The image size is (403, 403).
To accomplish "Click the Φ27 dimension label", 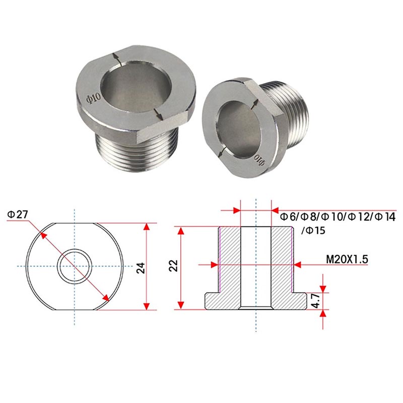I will [18, 215].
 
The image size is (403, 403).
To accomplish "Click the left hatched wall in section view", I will [230, 262].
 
